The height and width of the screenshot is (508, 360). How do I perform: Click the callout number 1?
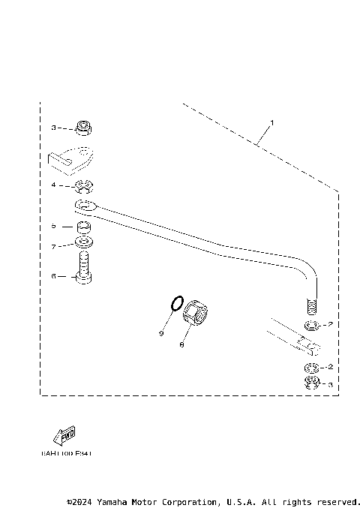(x=272, y=122)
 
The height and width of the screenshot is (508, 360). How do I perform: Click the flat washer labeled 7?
(x=84, y=243)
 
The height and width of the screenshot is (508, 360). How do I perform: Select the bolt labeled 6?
(x=84, y=268)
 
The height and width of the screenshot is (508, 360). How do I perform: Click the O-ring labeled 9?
(x=175, y=304)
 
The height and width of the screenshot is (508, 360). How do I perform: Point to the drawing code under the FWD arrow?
(x=66, y=453)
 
